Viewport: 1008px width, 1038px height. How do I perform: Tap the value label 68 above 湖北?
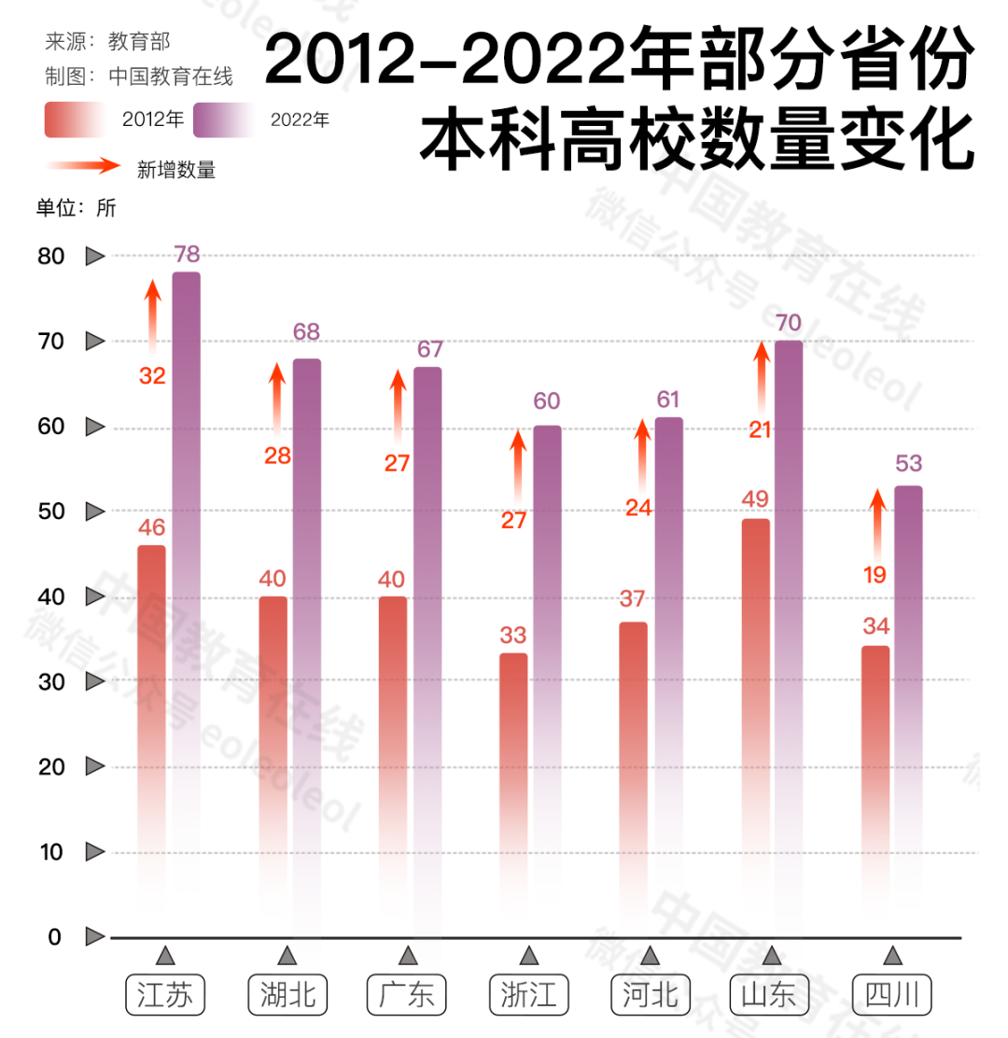tap(306, 332)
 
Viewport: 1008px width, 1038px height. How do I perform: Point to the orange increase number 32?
tap(152, 376)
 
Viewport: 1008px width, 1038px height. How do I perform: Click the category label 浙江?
tap(528, 996)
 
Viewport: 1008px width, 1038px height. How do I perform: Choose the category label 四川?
tap(892, 996)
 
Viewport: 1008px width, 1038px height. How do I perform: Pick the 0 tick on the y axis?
tap(55, 936)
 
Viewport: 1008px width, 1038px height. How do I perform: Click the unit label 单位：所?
tap(77, 208)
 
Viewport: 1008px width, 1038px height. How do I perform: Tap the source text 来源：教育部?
tap(108, 42)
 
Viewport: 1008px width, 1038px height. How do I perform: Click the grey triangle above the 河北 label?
tap(650, 955)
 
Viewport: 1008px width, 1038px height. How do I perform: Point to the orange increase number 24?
tap(638, 508)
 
